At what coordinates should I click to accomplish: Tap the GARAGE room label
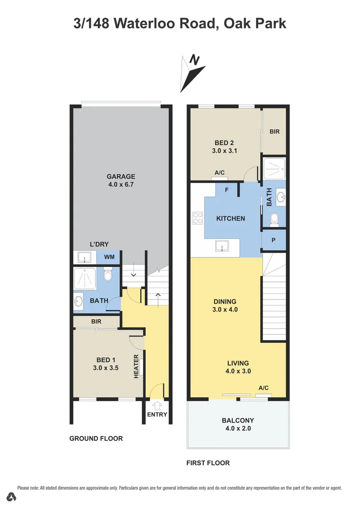[121, 176]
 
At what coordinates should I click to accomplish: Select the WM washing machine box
[109, 257]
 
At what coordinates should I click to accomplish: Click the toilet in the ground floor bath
[108, 275]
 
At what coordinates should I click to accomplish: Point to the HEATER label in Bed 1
[136, 366]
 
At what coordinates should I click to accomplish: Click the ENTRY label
[157, 414]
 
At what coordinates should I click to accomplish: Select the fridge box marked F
[227, 190]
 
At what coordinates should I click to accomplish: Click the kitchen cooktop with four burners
[198, 219]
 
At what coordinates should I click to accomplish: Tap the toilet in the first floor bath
[273, 219]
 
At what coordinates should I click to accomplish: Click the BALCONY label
[238, 420]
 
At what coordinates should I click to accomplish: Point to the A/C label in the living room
[263, 388]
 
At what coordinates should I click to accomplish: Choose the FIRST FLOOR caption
[208, 463]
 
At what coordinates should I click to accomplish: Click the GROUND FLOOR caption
[96, 439]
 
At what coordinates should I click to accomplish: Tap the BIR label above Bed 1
[97, 321]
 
